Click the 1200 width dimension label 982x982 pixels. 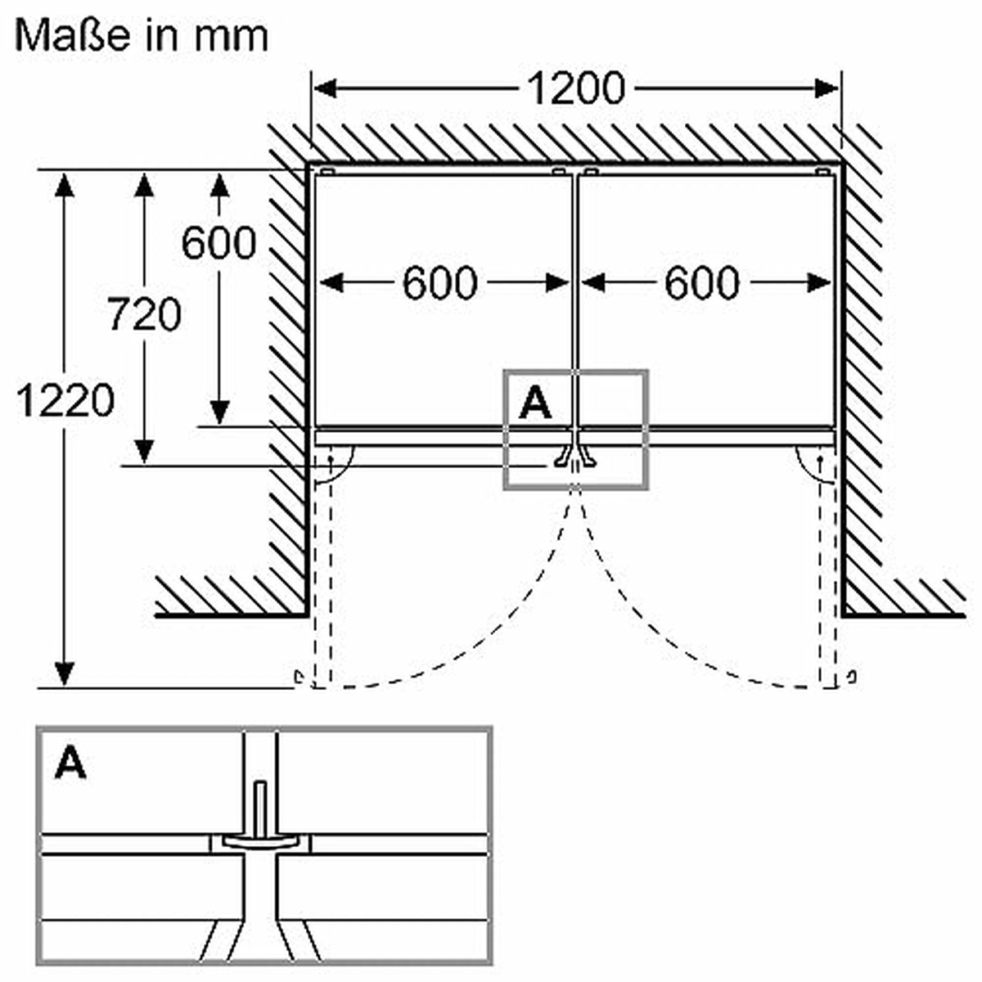click(574, 88)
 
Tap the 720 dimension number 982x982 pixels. click(144, 315)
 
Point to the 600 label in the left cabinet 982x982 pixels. click(439, 283)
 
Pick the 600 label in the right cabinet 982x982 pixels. click(702, 283)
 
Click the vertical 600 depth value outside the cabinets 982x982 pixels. click(218, 243)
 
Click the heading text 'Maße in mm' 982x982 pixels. click(142, 36)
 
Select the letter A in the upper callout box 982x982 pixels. click(535, 403)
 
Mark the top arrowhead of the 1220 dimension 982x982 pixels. click(65, 185)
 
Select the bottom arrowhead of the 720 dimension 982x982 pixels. click(144, 451)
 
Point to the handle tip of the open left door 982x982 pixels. click(300, 677)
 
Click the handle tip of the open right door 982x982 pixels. click(853, 677)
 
